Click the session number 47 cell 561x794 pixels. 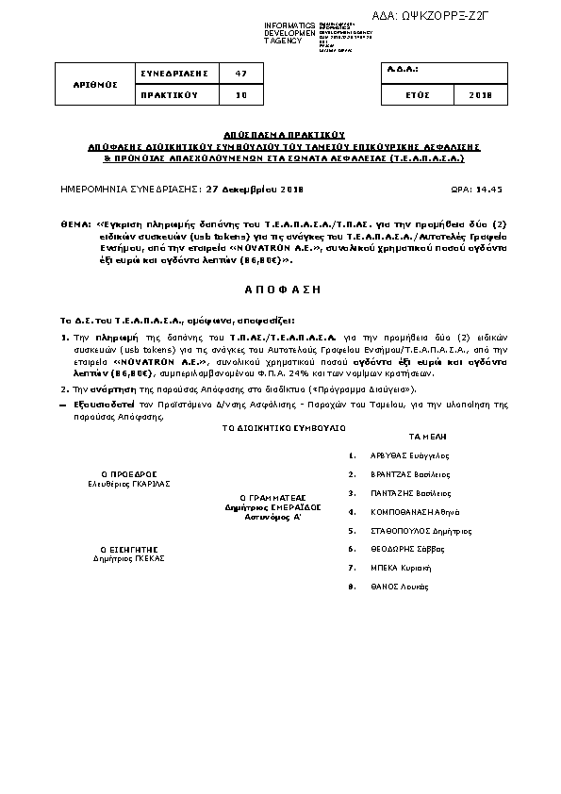coord(241,74)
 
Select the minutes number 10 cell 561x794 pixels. coord(241,95)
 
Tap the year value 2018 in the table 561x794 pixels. coord(479,95)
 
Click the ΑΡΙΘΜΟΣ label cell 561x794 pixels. coord(95,84)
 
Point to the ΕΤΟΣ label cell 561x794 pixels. coord(418,95)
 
